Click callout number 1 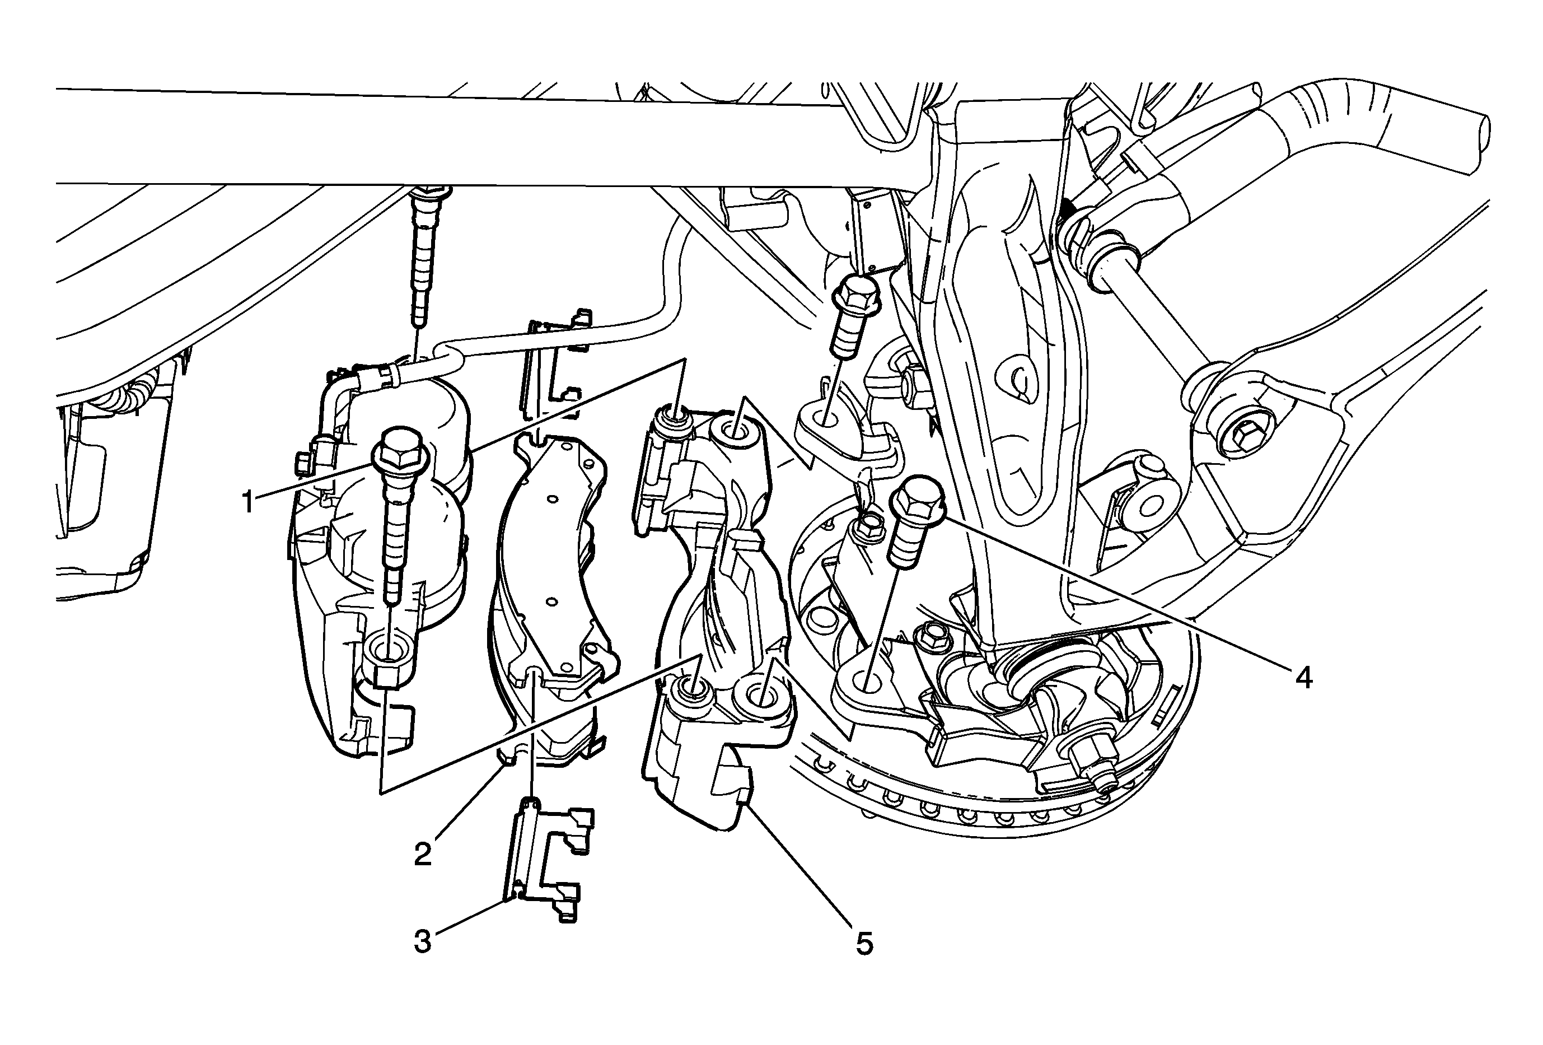click(x=247, y=502)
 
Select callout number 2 click(x=422, y=854)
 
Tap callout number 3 click(x=422, y=941)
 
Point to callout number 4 click(x=1303, y=678)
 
